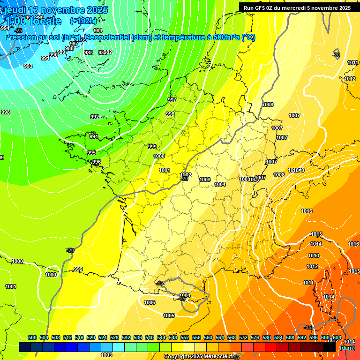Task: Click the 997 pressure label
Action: point(172,100)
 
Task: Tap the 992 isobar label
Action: point(95,117)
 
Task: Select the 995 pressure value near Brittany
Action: point(91,153)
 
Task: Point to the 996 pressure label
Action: point(97,162)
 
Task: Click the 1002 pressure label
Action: point(186,175)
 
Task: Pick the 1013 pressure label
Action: point(314,255)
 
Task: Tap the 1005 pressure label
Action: point(169,315)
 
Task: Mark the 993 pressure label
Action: point(28,66)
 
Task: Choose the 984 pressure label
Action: point(98,44)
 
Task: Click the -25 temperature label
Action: point(19,30)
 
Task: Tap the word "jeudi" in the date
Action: point(15,9)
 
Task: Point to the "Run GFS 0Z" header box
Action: point(297,7)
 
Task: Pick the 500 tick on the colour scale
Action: point(32,337)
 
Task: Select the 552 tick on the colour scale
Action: point(185,337)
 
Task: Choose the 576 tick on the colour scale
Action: point(255,337)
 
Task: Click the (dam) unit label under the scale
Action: point(347,347)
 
